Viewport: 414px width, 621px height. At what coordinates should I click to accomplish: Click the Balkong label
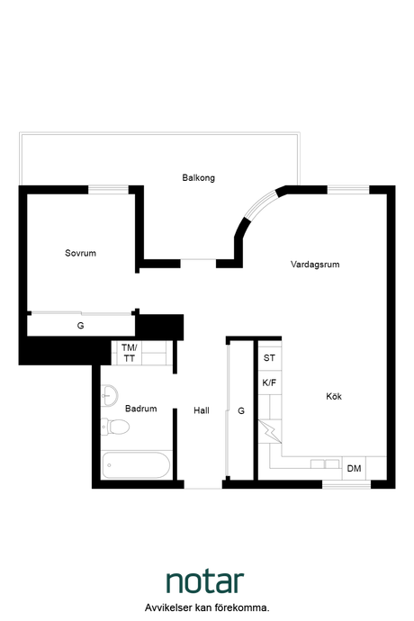tap(199, 178)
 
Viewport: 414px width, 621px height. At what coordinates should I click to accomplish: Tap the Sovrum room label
tap(80, 253)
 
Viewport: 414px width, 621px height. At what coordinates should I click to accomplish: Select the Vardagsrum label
tap(315, 265)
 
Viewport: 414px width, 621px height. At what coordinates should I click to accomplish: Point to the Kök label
tap(334, 396)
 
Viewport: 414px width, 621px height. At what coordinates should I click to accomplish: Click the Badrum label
tap(141, 409)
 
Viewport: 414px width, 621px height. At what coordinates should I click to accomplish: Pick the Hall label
tap(202, 410)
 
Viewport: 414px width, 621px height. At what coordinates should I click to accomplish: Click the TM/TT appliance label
tap(130, 353)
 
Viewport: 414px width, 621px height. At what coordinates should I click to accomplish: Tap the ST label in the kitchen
tap(269, 357)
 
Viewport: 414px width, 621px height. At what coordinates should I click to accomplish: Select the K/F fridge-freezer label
tap(269, 383)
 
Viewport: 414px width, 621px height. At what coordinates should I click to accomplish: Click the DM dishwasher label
tap(354, 469)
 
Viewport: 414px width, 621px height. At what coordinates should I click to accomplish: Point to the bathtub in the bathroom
tap(136, 465)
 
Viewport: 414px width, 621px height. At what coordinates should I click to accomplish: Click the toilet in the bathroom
tap(115, 427)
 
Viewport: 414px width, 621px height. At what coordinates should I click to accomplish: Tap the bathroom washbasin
tap(109, 395)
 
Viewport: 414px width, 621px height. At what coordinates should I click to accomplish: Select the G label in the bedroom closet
tap(80, 326)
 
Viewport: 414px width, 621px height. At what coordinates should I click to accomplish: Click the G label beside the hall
tap(241, 410)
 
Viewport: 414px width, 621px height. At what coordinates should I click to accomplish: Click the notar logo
tap(205, 581)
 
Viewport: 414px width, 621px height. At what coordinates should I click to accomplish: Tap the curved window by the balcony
tap(260, 204)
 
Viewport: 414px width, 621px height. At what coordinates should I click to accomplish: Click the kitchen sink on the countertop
tap(325, 463)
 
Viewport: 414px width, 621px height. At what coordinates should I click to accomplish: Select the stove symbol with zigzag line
tap(270, 431)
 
